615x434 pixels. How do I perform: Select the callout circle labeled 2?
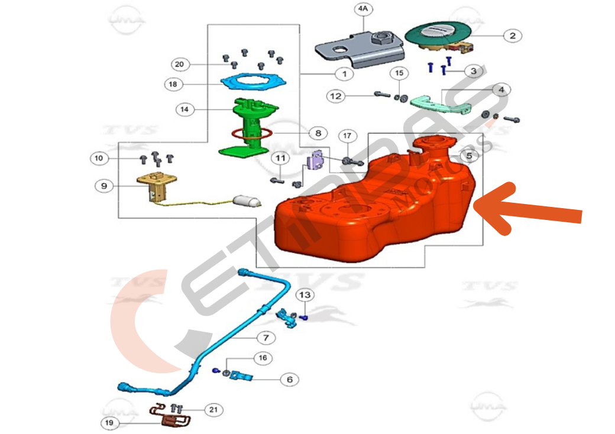point(512,35)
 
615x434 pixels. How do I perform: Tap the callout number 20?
point(180,64)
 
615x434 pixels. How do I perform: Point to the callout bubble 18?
point(173,85)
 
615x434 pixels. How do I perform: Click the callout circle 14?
point(184,109)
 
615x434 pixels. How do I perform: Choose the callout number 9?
point(103,186)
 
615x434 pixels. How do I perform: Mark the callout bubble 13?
point(304,294)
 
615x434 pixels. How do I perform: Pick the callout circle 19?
point(109,423)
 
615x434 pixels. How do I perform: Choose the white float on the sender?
point(247,202)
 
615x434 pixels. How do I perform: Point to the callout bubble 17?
point(347,135)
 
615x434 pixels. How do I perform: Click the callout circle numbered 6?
point(289,380)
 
